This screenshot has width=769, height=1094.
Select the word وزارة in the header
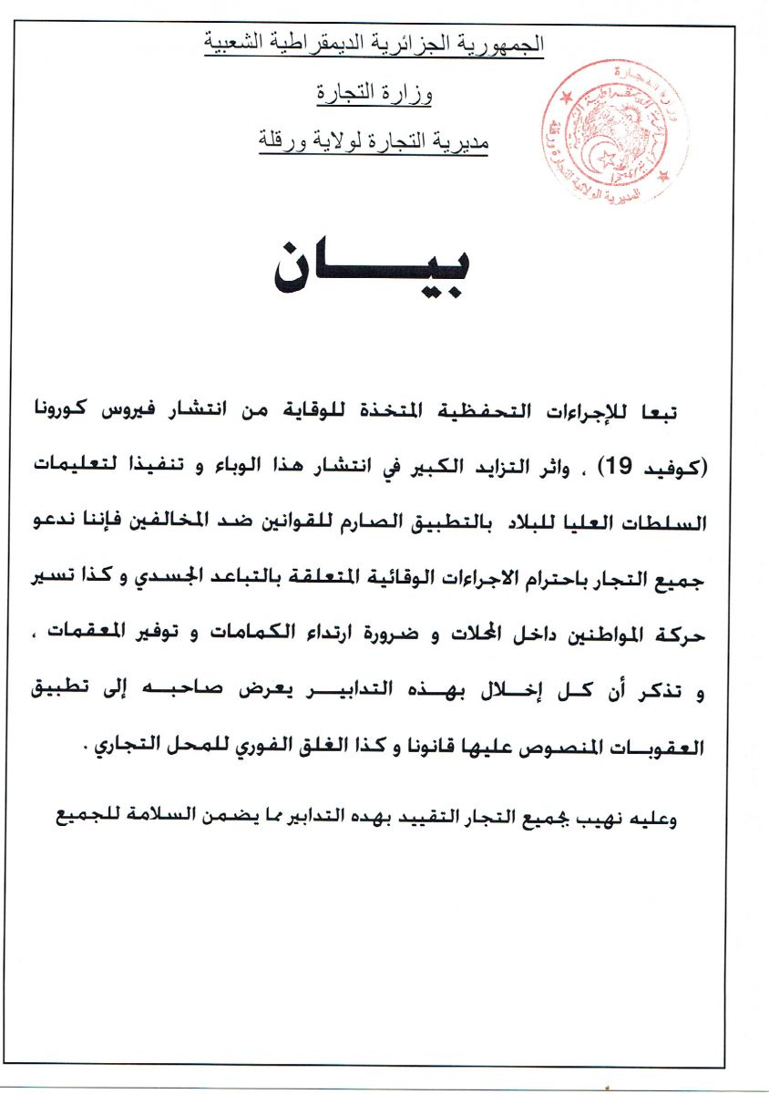pos(411,92)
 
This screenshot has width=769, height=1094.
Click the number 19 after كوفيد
pos(618,469)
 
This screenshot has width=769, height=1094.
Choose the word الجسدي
pos(198,576)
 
